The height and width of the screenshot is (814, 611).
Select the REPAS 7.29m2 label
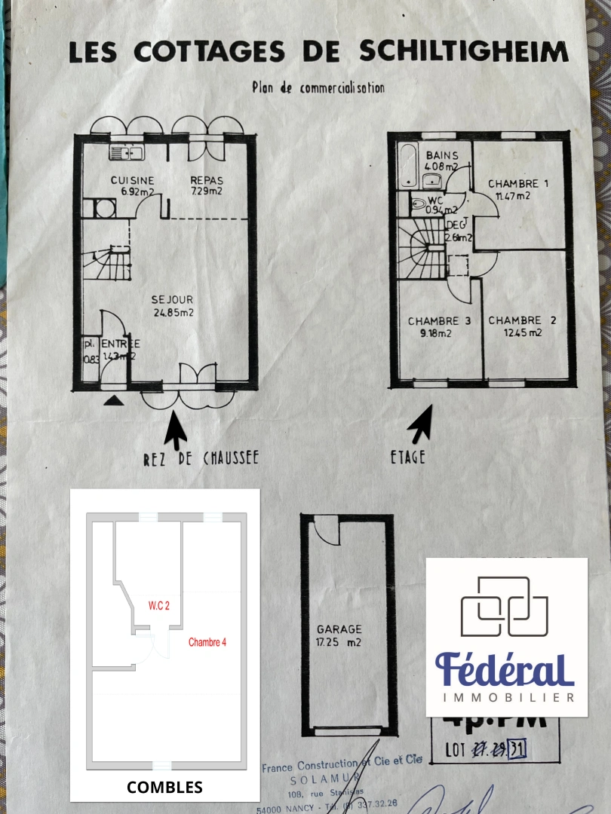point(206,185)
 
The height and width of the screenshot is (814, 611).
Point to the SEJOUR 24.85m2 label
point(173,306)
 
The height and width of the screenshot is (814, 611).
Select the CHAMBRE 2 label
point(522,326)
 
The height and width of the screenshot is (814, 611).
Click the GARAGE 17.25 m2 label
point(339,635)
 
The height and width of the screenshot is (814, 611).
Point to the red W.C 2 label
point(159,605)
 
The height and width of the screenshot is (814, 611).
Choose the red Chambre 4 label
point(207,642)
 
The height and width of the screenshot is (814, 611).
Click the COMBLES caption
point(164,788)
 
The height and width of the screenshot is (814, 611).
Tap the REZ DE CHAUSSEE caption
point(201,457)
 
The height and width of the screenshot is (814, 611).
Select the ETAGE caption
point(407,457)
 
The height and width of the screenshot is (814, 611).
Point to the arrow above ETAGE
point(421,424)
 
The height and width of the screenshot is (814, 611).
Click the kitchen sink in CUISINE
point(127,153)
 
